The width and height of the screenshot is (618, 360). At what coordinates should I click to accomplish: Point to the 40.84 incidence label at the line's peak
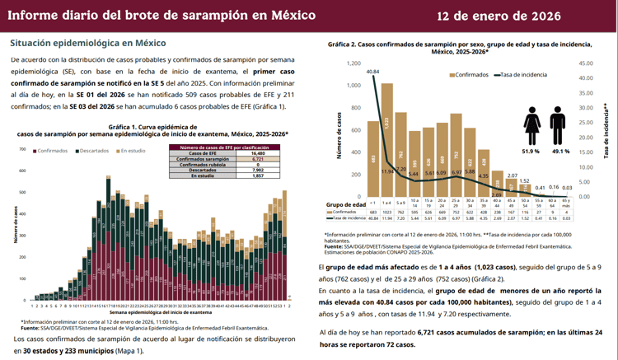(372, 72)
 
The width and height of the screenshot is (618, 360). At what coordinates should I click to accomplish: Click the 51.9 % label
(531, 152)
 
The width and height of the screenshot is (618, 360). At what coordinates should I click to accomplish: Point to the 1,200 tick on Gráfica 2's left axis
(353, 63)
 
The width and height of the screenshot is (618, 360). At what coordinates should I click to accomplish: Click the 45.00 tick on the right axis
(588, 63)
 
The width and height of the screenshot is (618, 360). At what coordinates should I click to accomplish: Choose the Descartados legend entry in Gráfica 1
(92, 152)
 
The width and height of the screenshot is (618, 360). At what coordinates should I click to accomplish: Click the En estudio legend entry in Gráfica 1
(133, 152)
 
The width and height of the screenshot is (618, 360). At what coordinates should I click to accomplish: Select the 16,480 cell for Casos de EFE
(258, 153)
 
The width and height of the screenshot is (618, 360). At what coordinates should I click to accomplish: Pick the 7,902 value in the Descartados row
(258, 171)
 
